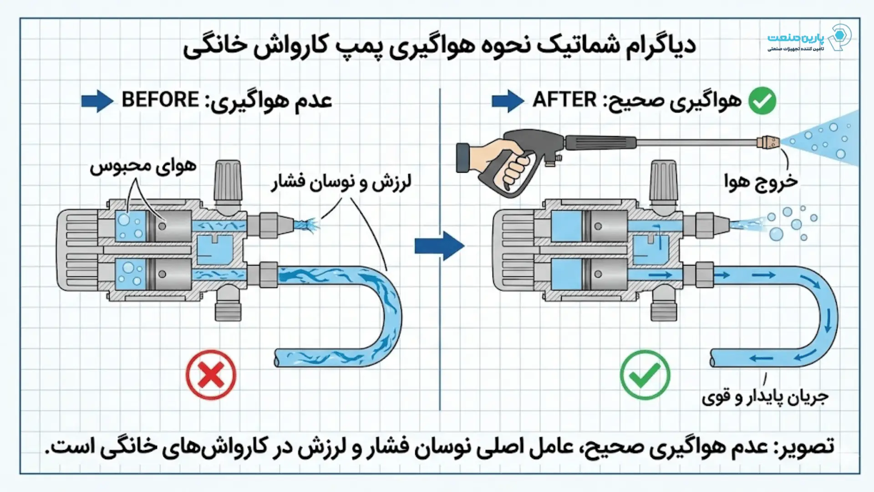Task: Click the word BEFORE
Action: [160, 100]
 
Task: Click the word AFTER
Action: [564, 100]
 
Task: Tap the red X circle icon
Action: [211, 375]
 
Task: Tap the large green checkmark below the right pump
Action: [645, 375]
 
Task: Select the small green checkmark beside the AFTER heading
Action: [762, 101]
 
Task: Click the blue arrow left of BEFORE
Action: [97, 101]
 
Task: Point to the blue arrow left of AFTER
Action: [508, 101]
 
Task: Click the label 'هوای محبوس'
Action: [143, 166]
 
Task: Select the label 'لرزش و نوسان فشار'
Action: [341, 182]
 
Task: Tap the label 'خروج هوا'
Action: [761, 181]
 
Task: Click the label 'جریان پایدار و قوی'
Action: [765, 396]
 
